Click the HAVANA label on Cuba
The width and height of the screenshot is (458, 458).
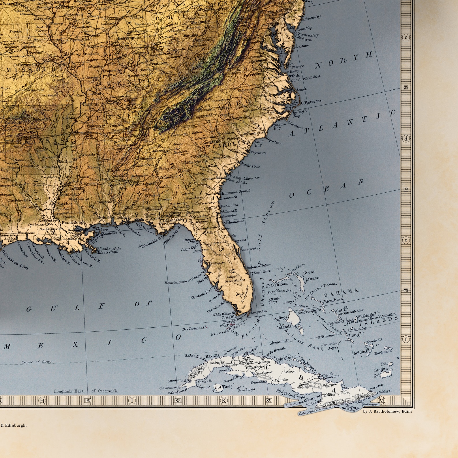point(213,356)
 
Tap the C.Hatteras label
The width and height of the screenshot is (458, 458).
point(311,102)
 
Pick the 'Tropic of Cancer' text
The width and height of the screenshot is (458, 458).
point(37,362)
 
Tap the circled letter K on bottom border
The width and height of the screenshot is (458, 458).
point(224,400)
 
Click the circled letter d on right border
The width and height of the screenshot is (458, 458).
point(406,139)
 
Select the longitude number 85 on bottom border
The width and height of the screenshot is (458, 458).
point(178,400)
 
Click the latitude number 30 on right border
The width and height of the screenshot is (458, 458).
point(406,189)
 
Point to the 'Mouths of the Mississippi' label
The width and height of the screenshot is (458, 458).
point(109,250)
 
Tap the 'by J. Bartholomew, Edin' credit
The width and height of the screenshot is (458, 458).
point(387,412)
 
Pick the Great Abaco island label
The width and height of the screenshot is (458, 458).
point(311,275)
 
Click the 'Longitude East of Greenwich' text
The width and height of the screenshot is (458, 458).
point(85,391)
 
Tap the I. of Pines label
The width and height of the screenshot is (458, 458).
point(223,386)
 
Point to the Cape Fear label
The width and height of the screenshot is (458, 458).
point(274,141)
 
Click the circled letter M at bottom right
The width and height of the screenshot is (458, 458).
point(382,400)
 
